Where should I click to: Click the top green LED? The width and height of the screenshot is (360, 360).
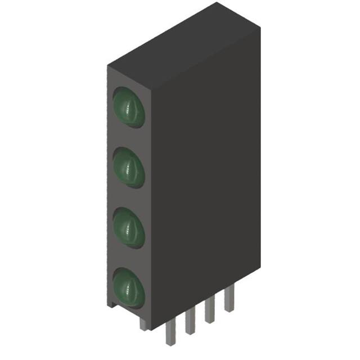(129, 107)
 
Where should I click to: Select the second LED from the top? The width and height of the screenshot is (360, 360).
(129, 167)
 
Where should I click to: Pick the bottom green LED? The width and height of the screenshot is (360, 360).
(129, 287)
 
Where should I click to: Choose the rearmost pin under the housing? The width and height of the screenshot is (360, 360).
(228, 298)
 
